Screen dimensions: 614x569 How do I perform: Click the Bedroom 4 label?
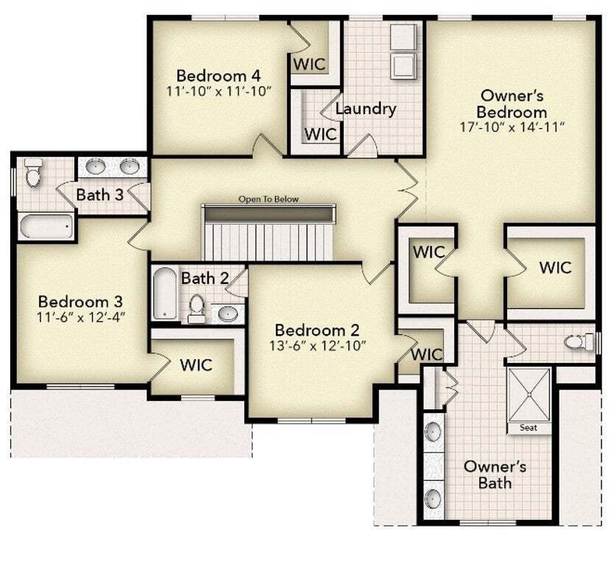pyautogui.click(x=219, y=75)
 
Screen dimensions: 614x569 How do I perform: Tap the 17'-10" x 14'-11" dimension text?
pyautogui.click(x=512, y=127)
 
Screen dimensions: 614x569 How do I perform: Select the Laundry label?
pyautogui.click(x=366, y=109)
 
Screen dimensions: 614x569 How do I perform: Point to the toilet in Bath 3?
pyautogui.click(x=32, y=172)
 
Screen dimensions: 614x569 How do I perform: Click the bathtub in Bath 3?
pyautogui.click(x=46, y=226)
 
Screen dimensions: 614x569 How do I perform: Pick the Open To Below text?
pyautogui.click(x=269, y=199)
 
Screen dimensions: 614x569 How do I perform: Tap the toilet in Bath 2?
pyautogui.click(x=197, y=308)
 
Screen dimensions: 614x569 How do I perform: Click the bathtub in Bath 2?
pyautogui.click(x=165, y=293)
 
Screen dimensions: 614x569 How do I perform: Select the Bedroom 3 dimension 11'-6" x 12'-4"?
pyautogui.click(x=81, y=317)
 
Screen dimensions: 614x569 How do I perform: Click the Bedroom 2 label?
pyautogui.click(x=317, y=330)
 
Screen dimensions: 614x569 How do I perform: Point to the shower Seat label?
pyautogui.click(x=529, y=428)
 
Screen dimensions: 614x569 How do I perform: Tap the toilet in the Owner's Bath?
pyautogui.click(x=579, y=342)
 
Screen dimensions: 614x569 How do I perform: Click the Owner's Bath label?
pyautogui.click(x=495, y=475)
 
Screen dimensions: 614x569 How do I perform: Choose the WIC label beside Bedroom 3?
pyautogui.click(x=196, y=365)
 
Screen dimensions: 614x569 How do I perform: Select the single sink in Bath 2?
pyautogui.click(x=227, y=314)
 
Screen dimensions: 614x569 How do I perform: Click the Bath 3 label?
pyautogui.click(x=100, y=194)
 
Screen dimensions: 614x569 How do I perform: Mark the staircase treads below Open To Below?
pyautogui.click(x=268, y=241)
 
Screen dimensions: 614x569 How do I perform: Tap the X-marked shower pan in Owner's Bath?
pyautogui.click(x=529, y=395)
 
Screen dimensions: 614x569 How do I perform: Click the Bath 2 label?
pyautogui.click(x=205, y=278)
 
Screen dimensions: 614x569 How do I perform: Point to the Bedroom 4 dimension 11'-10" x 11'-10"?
pyautogui.click(x=219, y=91)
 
